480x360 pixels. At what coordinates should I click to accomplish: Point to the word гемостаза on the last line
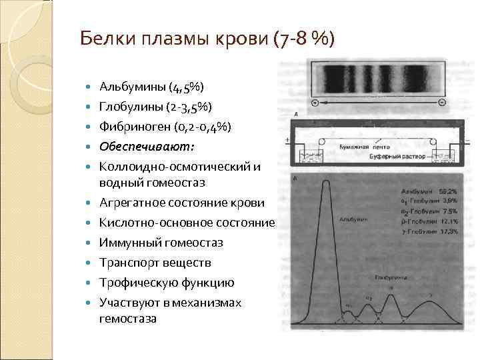click(x=129, y=319)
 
